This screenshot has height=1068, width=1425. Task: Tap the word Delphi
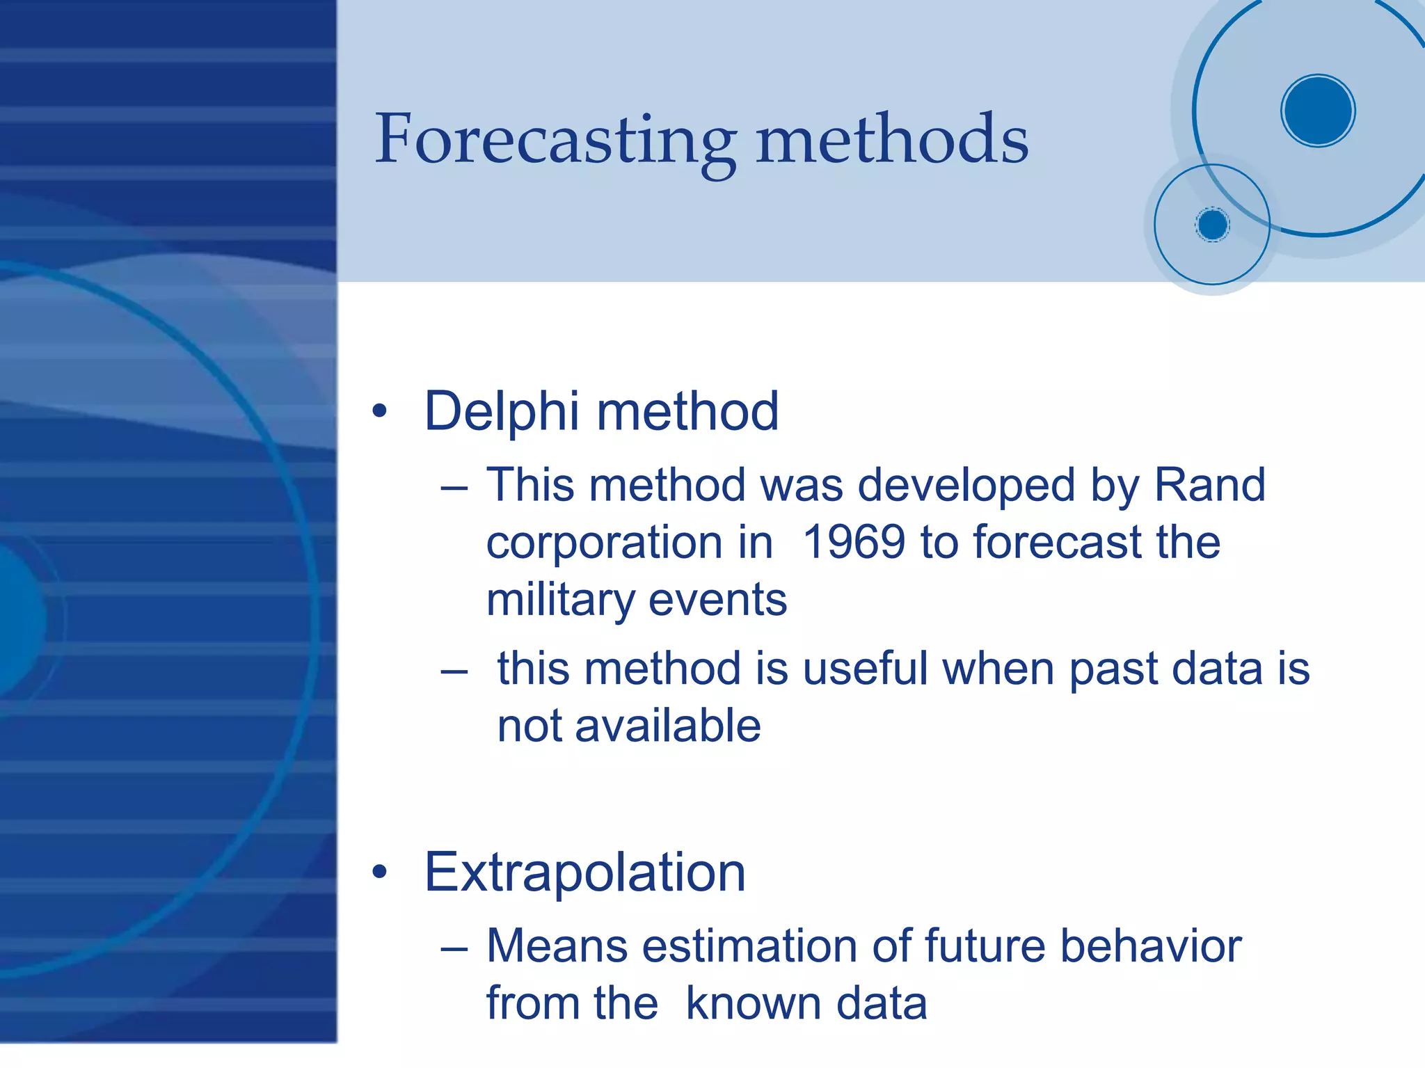click(x=501, y=411)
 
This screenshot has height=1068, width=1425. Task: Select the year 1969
click(x=854, y=542)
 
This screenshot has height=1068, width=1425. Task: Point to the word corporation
click(x=629, y=542)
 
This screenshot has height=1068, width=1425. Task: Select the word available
click(x=668, y=726)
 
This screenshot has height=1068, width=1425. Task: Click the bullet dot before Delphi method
click(x=379, y=412)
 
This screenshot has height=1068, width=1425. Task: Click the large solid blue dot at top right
click(x=1318, y=111)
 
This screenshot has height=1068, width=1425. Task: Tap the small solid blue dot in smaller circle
click(x=1213, y=225)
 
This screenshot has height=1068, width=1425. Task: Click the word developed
click(x=966, y=486)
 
